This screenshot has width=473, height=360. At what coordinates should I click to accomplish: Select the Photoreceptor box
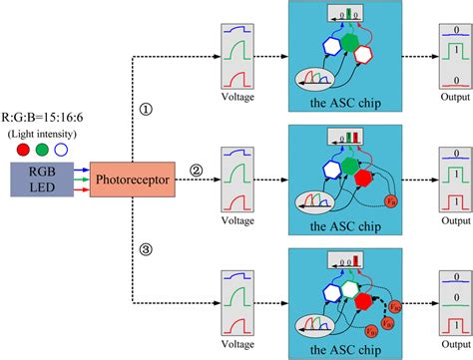132,182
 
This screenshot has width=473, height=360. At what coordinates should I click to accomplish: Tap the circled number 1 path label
146,112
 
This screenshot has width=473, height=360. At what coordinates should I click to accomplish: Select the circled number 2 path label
197,171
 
